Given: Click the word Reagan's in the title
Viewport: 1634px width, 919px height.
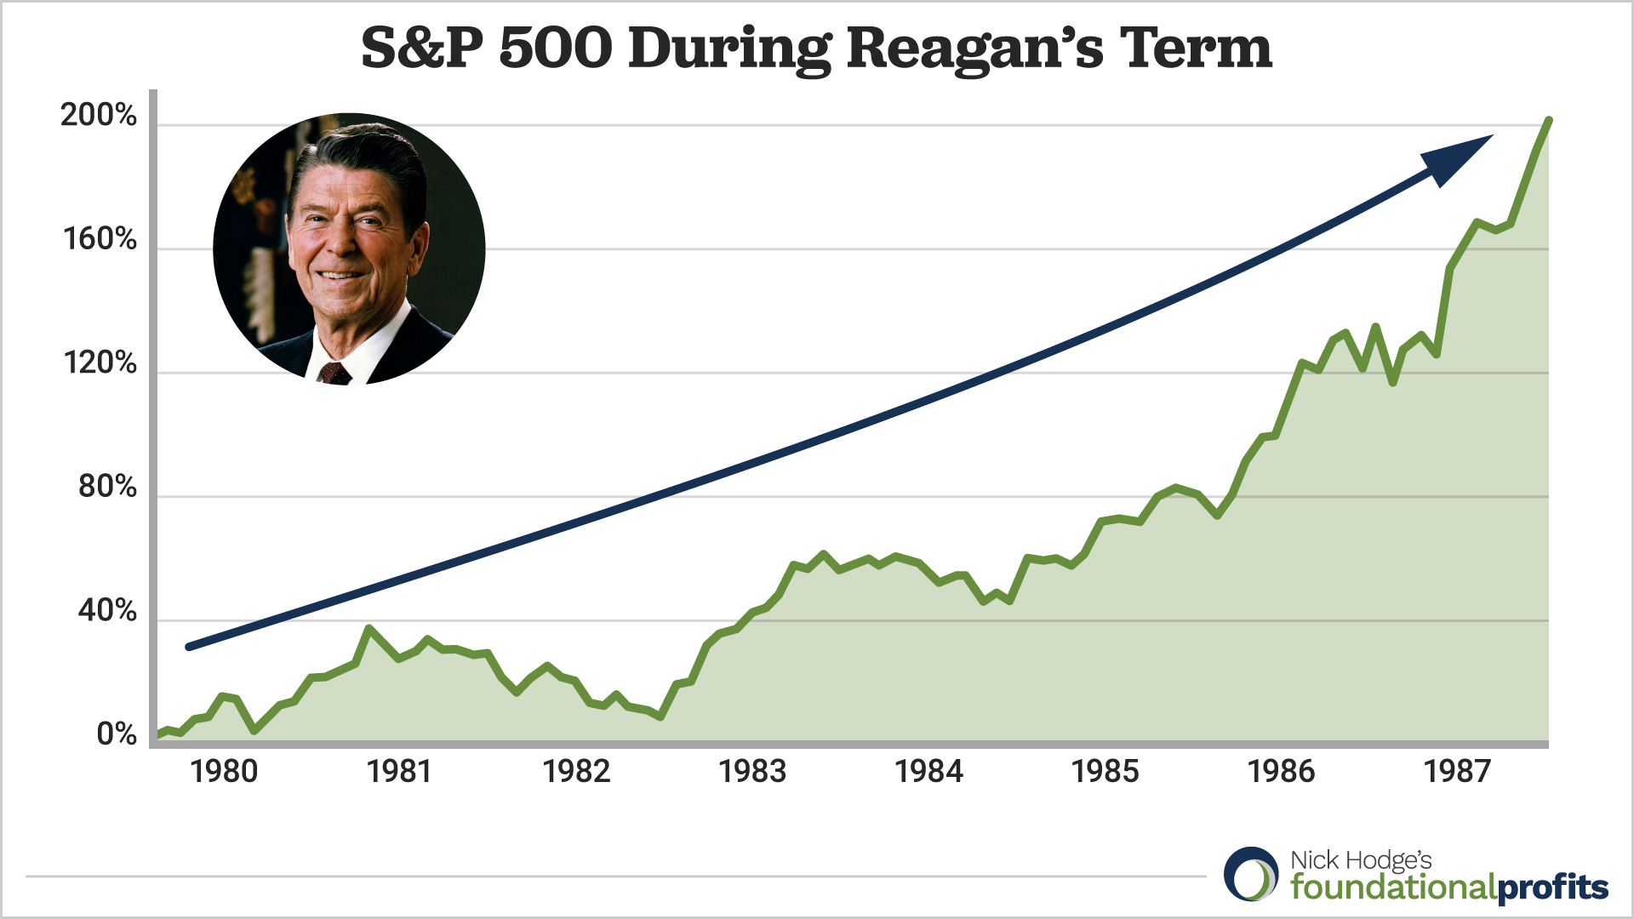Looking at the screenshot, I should pyautogui.click(x=975, y=49).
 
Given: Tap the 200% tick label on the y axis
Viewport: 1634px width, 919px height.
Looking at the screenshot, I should pyautogui.click(x=99, y=116).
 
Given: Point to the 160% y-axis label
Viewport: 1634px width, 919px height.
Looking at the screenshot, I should pyautogui.click(x=100, y=240).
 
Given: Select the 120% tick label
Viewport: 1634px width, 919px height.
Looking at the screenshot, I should pyautogui.click(x=100, y=363).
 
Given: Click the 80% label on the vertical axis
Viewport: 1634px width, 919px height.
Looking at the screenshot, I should pyautogui.click(x=107, y=487).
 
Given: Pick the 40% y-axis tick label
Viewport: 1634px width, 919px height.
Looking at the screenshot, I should pyautogui.click(x=107, y=610).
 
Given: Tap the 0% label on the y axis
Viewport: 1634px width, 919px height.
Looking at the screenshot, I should pyautogui.click(x=117, y=733).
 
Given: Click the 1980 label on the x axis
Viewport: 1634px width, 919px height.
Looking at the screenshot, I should pyautogui.click(x=224, y=772).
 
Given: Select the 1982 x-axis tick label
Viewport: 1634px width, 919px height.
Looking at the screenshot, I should pyautogui.click(x=576, y=772).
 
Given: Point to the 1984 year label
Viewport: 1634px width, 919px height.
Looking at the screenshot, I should pyautogui.click(x=928, y=772).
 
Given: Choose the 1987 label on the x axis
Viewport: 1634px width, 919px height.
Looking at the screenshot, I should pyautogui.click(x=1457, y=772).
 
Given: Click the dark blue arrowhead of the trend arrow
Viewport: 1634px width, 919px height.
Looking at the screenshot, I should pyautogui.click(x=1454, y=158).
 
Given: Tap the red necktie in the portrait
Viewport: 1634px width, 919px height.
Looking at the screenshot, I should pyautogui.click(x=334, y=374).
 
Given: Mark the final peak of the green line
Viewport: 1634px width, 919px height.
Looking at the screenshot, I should pyautogui.click(x=1548, y=121).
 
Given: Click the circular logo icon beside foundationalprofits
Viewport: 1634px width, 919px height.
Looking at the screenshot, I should pyautogui.click(x=1251, y=874).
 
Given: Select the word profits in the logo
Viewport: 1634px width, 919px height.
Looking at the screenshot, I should pyautogui.click(x=1552, y=888).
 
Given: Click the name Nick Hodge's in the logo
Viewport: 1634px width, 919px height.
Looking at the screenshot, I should pyautogui.click(x=1361, y=860).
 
